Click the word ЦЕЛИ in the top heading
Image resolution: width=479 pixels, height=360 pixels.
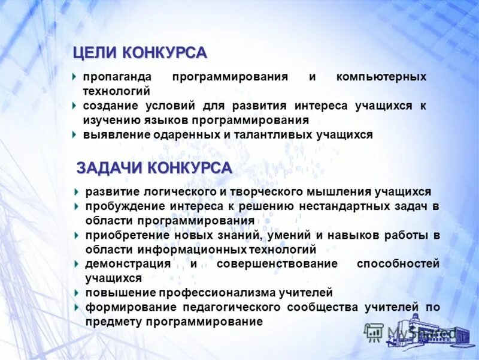click(x=95, y=53)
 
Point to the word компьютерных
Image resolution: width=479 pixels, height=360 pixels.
click(x=381, y=77)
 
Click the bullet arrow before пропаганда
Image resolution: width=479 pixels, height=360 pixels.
click(x=74, y=77)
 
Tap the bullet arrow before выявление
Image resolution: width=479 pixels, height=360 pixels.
click(x=74, y=134)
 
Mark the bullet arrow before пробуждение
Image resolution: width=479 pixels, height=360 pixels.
click(x=77, y=206)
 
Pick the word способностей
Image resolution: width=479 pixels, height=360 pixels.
click(x=398, y=264)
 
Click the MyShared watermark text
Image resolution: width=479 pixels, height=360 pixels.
click(x=419, y=332)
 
